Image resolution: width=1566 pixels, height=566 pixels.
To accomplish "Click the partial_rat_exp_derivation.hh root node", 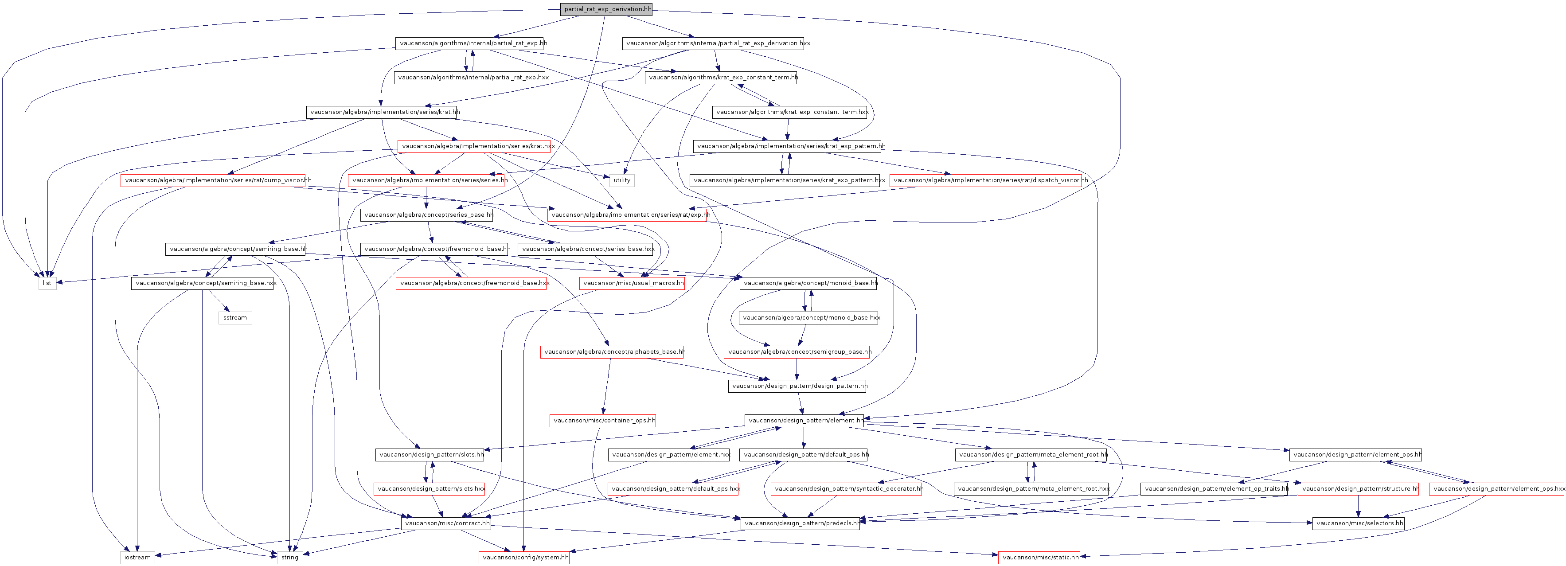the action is pos(607,9).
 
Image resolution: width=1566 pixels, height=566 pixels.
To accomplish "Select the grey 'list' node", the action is pos(47,283).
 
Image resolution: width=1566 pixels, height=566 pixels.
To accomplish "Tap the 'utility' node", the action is pos(622,180).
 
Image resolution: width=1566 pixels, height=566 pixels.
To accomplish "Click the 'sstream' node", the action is pos(235,318).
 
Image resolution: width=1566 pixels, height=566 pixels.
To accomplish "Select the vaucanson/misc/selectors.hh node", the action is pos(1359,523).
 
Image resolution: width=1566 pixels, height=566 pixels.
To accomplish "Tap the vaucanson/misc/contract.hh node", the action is pos(446,523).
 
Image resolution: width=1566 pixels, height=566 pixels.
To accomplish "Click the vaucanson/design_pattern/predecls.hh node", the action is pos(801,523).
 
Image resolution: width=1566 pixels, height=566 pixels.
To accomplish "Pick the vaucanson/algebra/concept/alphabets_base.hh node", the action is pos(613,352).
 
